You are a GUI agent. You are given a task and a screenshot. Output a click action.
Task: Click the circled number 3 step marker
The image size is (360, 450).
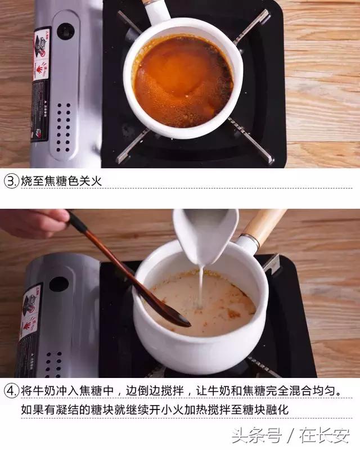click(x=11, y=181)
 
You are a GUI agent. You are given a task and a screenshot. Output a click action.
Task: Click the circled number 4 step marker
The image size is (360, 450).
click(x=11, y=390)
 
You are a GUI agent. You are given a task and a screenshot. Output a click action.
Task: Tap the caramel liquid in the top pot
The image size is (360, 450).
click(x=180, y=79)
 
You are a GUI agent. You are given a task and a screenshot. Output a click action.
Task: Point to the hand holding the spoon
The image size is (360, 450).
click(x=31, y=223)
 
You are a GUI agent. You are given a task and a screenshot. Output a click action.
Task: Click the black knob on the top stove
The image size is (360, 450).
click(x=66, y=31)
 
